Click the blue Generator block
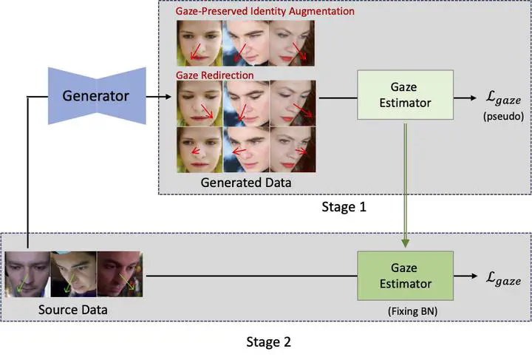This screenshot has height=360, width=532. point(95,95)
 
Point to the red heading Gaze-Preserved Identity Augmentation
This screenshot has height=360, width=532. point(265,12)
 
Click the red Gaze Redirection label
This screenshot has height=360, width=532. point(214,75)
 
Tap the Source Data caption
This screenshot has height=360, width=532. point(72,310)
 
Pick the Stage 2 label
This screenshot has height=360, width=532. point(267,342)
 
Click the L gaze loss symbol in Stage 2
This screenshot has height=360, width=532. point(502,279)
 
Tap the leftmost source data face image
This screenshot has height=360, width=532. point(27,275)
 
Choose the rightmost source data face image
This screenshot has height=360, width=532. point(119,275)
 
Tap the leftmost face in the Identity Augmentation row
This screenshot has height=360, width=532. point(199,42)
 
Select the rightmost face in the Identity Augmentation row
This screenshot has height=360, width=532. point(293,42)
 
